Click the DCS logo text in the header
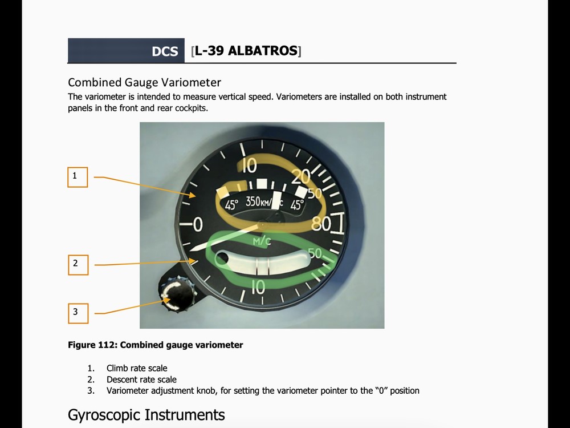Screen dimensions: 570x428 click(x=165, y=51)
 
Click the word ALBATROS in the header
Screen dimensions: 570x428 click(x=262, y=51)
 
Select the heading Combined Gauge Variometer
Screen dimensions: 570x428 click(x=144, y=82)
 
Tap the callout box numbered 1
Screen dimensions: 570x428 click(x=78, y=177)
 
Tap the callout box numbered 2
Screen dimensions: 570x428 click(x=78, y=265)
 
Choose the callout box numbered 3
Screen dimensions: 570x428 click(x=78, y=313)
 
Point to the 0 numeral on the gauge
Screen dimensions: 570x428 click(x=198, y=224)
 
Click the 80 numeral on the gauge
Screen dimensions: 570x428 click(x=320, y=224)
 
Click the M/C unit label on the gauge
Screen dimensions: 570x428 click(x=262, y=241)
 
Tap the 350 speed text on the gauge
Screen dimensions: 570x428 click(x=253, y=201)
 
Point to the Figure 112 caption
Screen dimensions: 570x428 click(x=155, y=345)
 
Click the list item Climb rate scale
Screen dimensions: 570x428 click(x=137, y=368)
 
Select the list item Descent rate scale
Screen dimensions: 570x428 click(x=141, y=379)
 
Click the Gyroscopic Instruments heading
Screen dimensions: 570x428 click(x=146, y=415)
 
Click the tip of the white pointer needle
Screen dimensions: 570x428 click(x=191, y=250)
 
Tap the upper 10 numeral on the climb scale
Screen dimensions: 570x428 click(x=250, y=166)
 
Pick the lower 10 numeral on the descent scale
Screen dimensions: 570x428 click(x=258, y=288)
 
